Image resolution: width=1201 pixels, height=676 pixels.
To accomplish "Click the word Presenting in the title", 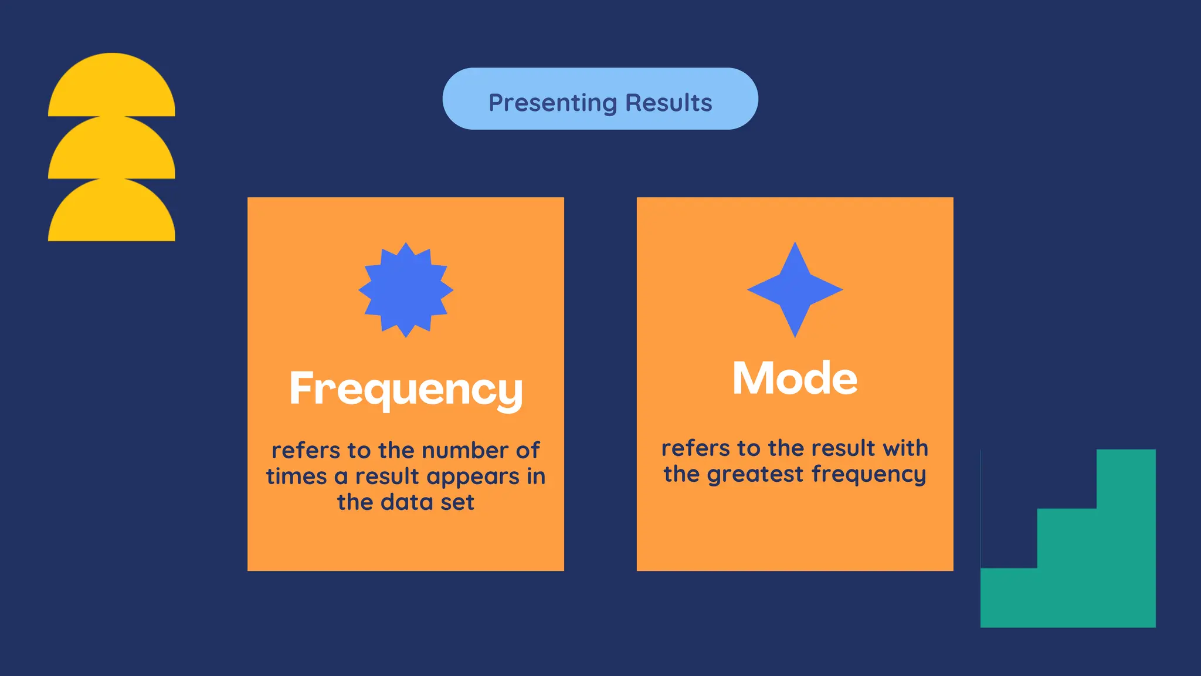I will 552,103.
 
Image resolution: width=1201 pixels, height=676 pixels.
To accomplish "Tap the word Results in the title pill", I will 669,103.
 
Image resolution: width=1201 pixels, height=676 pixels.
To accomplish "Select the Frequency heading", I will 406,390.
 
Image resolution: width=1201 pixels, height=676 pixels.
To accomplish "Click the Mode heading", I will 795,378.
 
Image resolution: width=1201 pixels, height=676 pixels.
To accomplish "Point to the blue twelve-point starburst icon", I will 406,290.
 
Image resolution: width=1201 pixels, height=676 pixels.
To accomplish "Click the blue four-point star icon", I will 795,289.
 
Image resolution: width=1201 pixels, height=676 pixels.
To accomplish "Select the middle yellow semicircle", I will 111,151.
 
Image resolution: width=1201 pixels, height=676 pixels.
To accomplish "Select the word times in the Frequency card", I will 296,476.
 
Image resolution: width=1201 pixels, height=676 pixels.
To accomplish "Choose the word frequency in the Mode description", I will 868,475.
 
